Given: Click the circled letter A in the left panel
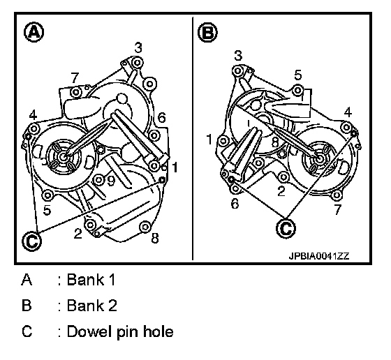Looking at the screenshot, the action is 34,32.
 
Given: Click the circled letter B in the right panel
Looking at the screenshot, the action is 207,32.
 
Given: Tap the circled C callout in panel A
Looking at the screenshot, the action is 31,241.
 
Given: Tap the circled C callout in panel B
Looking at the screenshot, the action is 286,228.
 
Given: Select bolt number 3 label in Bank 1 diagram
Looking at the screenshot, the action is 138,47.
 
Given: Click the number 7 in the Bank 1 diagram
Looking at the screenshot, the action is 75,77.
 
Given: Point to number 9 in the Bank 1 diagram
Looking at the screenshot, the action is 111,181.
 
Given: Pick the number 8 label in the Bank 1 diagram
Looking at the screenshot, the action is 155,238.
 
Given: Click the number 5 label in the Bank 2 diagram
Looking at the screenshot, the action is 298,75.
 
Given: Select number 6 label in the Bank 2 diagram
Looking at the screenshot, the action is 235,204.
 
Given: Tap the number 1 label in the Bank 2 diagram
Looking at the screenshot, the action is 209,140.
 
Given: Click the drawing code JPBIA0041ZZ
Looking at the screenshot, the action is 319,256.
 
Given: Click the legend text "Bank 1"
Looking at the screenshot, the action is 91,280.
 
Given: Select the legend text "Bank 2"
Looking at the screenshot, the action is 91,306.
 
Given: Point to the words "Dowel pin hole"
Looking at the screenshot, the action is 120,332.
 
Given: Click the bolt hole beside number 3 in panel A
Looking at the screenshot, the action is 137,62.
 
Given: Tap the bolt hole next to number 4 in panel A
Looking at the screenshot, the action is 34,129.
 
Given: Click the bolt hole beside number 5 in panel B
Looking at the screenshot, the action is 297,90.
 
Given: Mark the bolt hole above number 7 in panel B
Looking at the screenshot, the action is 337,195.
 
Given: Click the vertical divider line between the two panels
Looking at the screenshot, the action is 193,139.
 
